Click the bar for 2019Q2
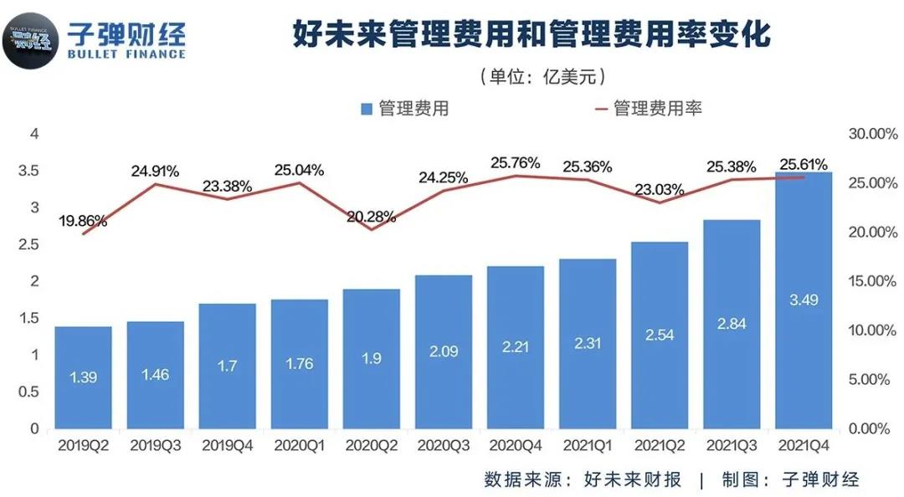click(84, 377)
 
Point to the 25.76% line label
click(516, 162)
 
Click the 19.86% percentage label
click(83, 222)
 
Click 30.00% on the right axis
click(871, 134)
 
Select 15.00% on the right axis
click(871, 281)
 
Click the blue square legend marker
click(367, 109)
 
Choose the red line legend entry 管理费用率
click(657, 109)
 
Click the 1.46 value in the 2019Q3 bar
click(156, 374)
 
